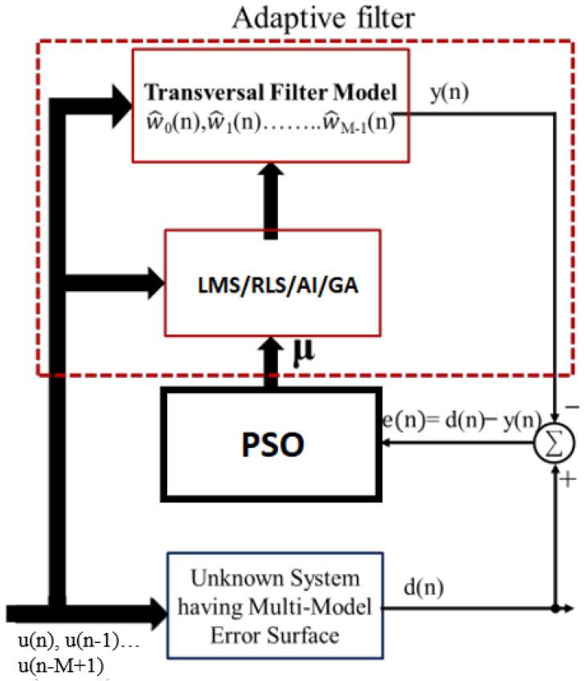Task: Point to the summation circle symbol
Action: point(555,441)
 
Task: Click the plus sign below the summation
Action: point(569,481)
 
